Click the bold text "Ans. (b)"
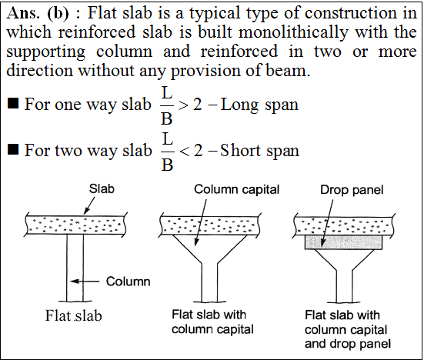click(38, 13)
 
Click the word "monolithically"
click(294, 32)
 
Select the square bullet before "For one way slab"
click(13, 103)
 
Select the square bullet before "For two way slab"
click(13, 149)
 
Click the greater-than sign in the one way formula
click(183, 105)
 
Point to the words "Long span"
click(259, 105)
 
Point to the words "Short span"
click(259, 151)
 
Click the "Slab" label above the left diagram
click(102, 189)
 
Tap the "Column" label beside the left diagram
click(129, 282)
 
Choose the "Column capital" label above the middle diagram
click(236, 189)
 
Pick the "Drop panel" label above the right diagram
click(352, 190)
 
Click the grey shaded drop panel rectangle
click(344, 242)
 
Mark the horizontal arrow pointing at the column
click(85, 282)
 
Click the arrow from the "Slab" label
click(89, 205)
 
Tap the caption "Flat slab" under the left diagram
click(74, 315)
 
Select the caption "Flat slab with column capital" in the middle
click(212, 322)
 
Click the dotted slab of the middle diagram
click(210, 225)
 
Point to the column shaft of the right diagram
click(344, 286)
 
